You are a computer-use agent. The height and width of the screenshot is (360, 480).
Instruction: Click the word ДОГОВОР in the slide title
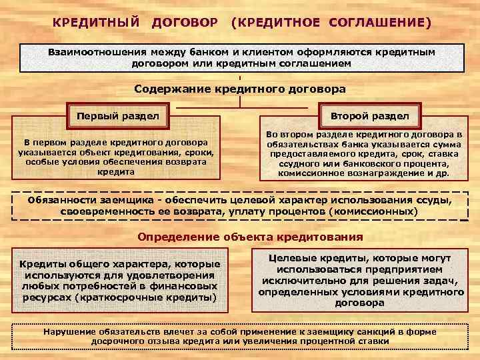point(185,23)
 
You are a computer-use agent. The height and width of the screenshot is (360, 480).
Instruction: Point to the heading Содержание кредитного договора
point(240,88)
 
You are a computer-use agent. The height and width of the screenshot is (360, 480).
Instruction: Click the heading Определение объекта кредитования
point(250,237)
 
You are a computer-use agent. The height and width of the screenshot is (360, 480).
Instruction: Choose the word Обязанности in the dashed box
point(61,201)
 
